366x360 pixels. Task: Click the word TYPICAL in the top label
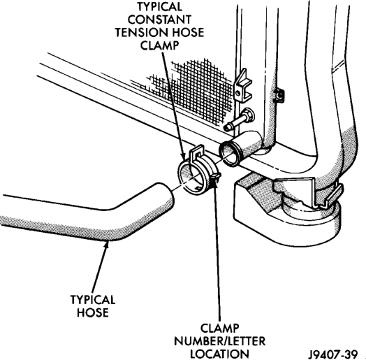tap(160, 6)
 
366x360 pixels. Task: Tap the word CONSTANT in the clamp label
tap(159, 20)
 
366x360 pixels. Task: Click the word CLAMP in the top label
tap(159, 45)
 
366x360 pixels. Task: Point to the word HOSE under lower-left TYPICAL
tap(93, 312)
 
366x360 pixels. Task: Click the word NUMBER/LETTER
tap(219, 341)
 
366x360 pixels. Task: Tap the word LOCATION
tap(219, 354)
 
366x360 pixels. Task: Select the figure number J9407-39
tap(333, 354)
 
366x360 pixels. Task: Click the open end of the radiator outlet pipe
tap(228, 154)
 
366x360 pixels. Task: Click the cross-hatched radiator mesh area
tap(196, 90)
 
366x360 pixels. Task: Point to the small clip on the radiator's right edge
tap(279, 95)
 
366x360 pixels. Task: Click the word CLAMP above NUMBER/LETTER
tap(219, 329)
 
